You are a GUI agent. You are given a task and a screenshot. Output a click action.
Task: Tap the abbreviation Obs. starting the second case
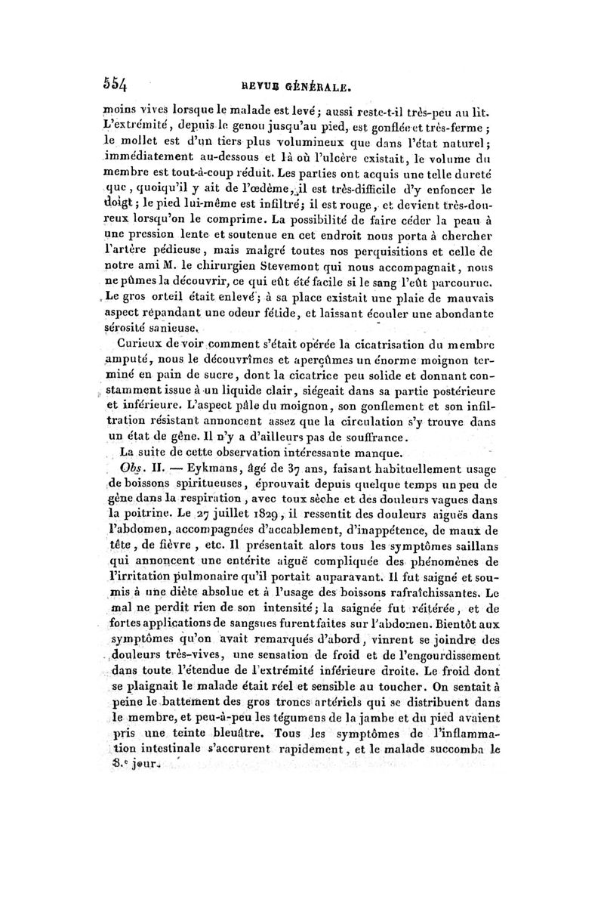[x=137, y=468]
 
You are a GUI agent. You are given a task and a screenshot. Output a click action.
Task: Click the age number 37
[x=296, y=468]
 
